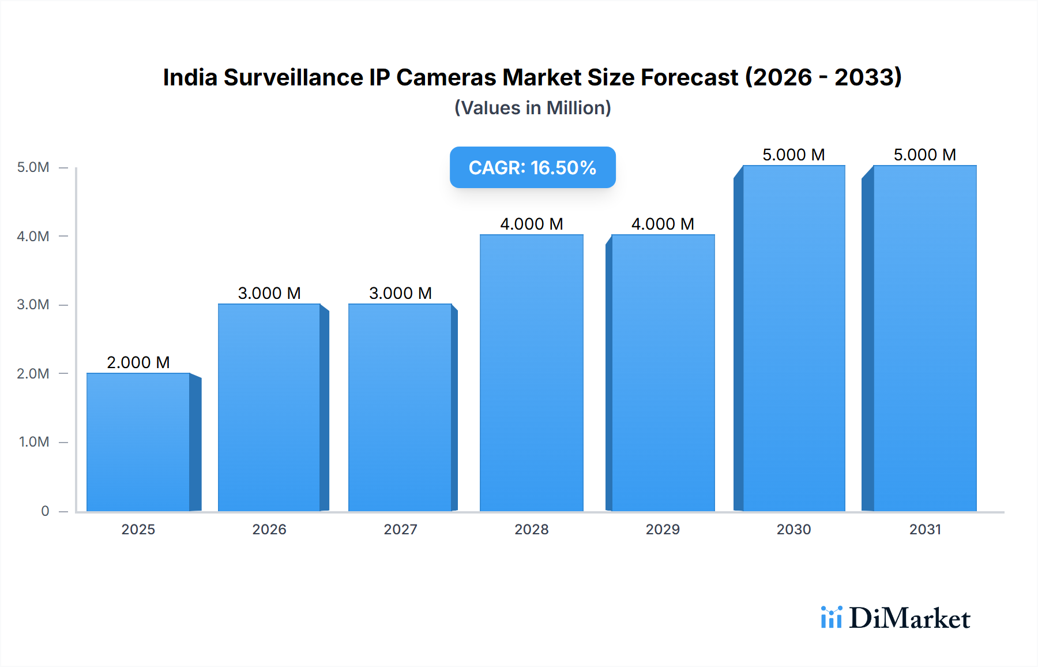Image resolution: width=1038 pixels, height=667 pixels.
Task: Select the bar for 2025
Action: [138, 442]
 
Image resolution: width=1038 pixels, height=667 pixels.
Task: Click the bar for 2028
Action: [531, 373]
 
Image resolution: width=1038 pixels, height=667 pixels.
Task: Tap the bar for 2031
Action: [924, 338]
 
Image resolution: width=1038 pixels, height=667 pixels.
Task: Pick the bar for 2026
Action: [269, 407]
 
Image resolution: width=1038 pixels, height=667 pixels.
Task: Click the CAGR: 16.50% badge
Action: [532, 167]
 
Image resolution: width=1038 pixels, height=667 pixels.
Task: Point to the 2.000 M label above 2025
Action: [138, 362]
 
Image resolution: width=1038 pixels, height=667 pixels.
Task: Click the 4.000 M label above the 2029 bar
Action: [663, 224]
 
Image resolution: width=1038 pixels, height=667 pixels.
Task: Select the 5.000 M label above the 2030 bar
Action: [793, 155]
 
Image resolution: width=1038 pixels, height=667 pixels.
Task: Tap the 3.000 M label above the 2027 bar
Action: [400, 293]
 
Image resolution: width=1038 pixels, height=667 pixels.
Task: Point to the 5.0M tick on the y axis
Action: [33, 167]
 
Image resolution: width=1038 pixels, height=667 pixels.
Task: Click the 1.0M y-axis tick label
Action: [34, 442]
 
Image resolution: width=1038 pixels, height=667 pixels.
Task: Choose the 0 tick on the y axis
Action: [45, 511]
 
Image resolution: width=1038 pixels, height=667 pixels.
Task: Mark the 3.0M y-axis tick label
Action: [33, 305]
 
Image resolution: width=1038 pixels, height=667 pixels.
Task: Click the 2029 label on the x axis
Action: [663, 529]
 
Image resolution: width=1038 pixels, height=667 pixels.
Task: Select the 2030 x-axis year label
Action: [793, 529]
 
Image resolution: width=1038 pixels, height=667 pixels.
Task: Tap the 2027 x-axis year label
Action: [400, 529]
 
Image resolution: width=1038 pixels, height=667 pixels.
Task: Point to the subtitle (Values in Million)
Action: [532, 108]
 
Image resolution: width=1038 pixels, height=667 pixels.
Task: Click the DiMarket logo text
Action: [909, 619]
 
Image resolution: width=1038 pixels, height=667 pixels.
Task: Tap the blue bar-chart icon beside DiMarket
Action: [831, 617]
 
